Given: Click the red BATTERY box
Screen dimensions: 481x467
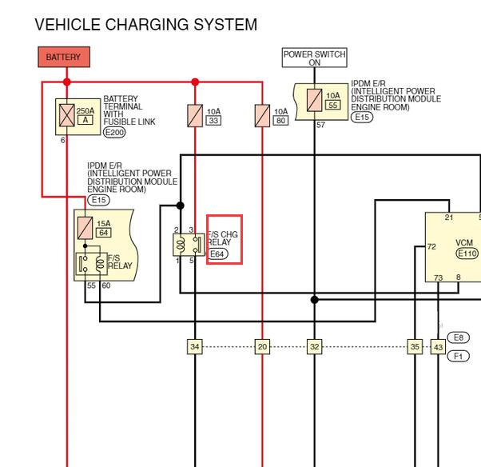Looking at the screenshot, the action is [x=64, y=57].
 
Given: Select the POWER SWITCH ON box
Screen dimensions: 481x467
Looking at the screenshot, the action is [x=315, y=58].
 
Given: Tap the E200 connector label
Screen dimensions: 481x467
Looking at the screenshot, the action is [x=114, y=132].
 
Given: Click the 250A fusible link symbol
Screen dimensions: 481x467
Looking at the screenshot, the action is [x=67, y=115].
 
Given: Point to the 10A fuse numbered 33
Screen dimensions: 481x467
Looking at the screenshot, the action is [x=195, y=116].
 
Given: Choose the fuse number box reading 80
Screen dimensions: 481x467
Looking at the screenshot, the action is [x=280, y=121].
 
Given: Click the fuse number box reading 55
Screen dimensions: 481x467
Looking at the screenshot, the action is [x=333, y=105].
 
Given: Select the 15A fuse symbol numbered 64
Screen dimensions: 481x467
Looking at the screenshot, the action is [x=85, y=228].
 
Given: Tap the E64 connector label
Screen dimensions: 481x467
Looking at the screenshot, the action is [x=217, y=254].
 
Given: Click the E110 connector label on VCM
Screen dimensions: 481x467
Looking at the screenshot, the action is [x=467, y=253].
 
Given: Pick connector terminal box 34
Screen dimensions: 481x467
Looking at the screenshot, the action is [x=195, y=346].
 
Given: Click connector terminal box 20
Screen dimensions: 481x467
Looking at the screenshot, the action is [x=262, y=346].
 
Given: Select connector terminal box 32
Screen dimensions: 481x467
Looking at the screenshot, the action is [x=315, y=346].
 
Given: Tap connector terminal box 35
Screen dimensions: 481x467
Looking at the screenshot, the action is [x=415, y=346].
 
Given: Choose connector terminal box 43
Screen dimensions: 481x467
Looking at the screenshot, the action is [x=438, y=346].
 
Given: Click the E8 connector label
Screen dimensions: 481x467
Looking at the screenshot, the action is [x=459, y=337].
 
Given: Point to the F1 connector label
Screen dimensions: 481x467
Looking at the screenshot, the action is [x=459, y=356].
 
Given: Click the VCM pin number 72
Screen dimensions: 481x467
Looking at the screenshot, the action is [x=431, y=246].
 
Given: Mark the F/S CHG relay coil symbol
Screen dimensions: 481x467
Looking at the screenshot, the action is [x=181, y=245].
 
